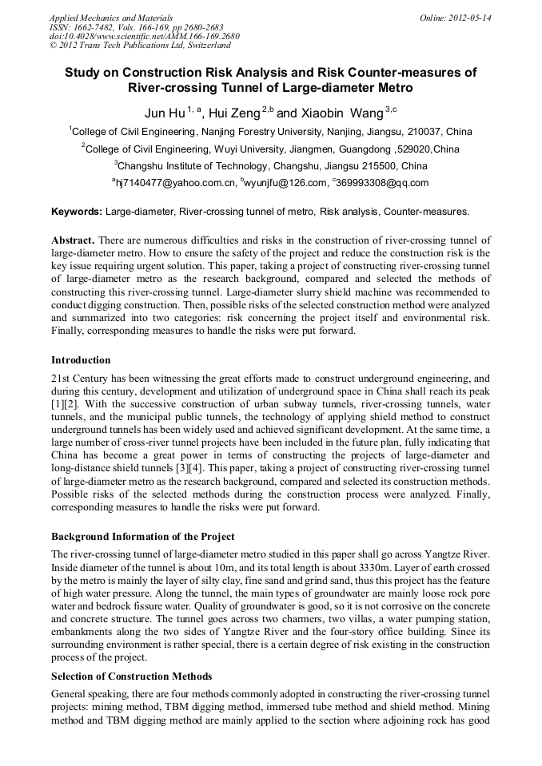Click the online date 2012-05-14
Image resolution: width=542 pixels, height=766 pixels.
point(470,17)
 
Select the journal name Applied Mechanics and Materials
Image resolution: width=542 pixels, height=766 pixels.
point(111,17)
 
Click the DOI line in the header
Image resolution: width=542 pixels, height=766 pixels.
point(144,36)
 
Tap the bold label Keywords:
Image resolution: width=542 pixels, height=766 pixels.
point(77,212)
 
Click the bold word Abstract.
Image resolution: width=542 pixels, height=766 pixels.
point(73,240)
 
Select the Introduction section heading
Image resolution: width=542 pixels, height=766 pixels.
point(81,360)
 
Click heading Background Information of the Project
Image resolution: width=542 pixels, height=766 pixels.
point(155,536)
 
